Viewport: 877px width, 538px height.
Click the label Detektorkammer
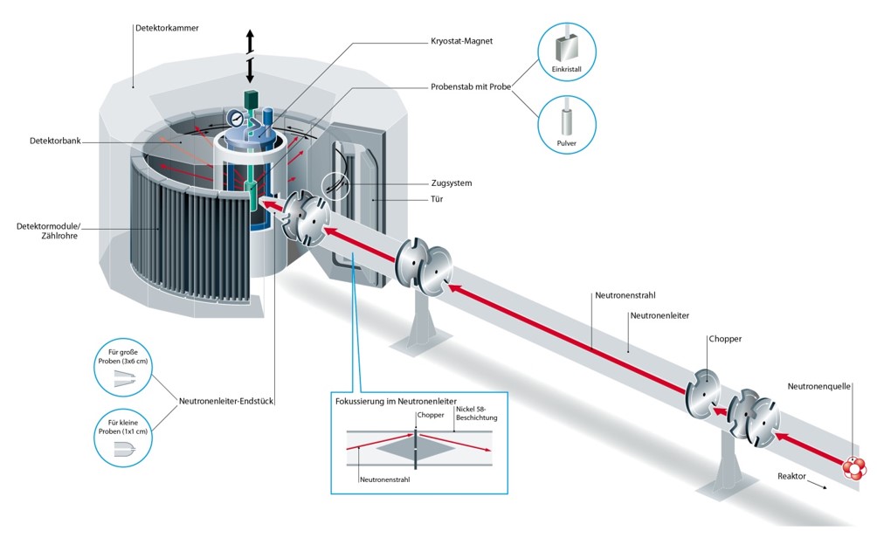point(167,28)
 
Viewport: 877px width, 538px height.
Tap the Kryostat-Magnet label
point(463,40)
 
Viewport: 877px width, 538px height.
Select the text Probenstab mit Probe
point(471,86)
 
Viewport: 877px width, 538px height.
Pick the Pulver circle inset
point(567,125)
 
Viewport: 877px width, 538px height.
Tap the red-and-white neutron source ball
point(853,468)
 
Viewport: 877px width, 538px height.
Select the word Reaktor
point(792,477)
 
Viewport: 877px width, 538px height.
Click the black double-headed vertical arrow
point(250,55)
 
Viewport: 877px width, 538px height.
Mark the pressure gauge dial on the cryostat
point(234,118)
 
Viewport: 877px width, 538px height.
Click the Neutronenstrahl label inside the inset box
point(385,479)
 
